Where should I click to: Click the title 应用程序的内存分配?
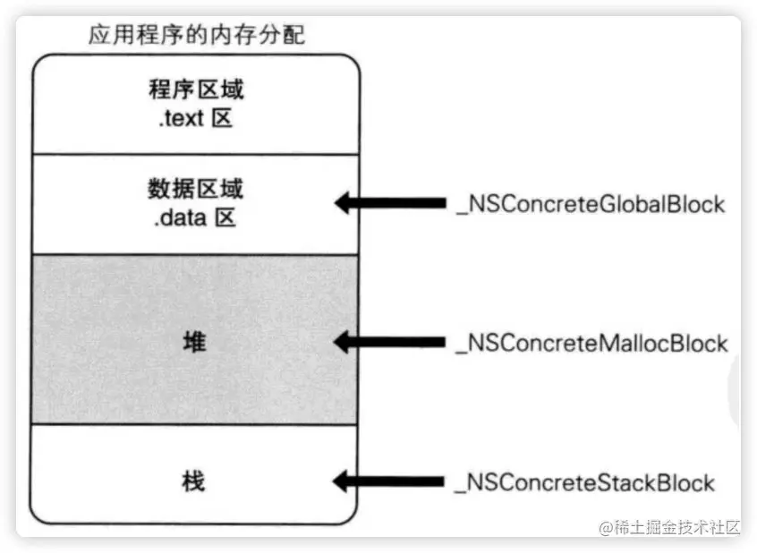point(196,35)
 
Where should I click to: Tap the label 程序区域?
point(195,90)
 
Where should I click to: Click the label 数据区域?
point(195,191)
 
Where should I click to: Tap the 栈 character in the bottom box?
point(193,481)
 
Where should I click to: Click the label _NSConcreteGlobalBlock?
point(591,204)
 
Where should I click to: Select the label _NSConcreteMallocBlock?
point(591,343)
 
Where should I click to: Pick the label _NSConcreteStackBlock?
point(585,482)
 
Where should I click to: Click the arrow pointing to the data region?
point(390,204)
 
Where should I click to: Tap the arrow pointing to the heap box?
point(390,342)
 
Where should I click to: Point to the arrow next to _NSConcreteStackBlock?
point(390,482)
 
